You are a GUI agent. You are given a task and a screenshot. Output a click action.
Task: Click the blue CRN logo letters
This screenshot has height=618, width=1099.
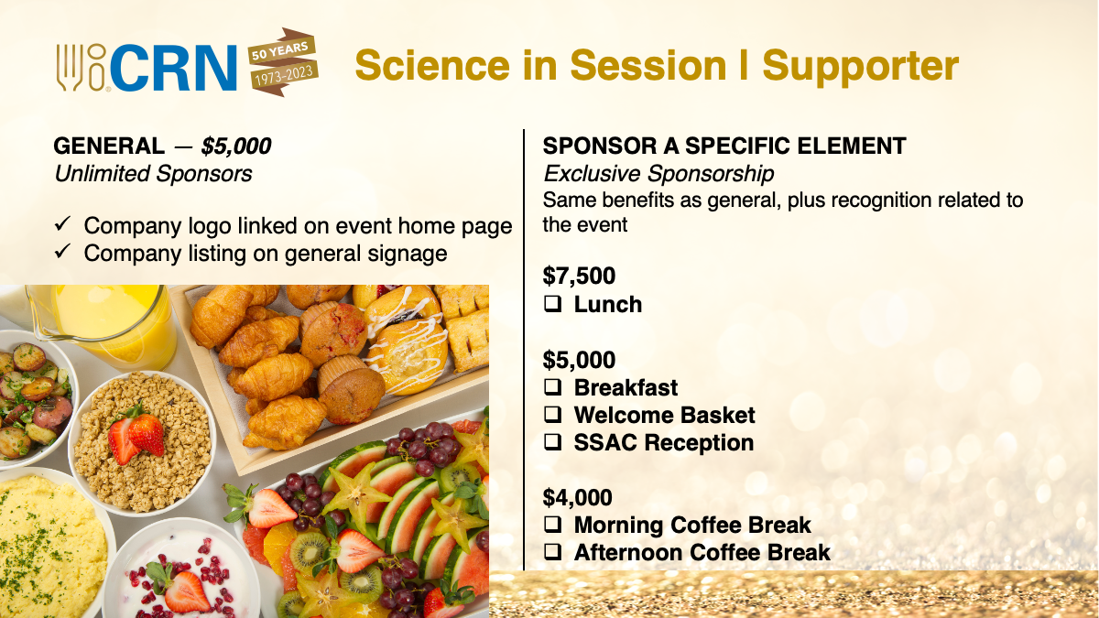click(175, 68)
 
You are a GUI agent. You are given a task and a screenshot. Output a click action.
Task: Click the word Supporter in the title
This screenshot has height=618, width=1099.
click(861, 68)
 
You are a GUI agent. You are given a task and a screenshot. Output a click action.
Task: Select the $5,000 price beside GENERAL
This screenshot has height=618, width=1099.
click(236, 146)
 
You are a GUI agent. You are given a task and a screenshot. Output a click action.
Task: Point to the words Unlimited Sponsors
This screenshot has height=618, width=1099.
click(153, 174)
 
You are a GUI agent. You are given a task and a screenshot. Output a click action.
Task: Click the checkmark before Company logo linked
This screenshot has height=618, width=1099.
click(63, 224)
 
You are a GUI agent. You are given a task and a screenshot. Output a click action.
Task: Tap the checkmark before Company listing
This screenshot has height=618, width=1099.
click(63, 251)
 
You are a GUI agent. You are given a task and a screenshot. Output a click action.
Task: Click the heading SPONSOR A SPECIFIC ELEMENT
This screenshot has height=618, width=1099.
click(724, 146)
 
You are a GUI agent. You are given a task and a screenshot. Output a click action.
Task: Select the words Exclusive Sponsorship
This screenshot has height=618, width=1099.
click(658, 174)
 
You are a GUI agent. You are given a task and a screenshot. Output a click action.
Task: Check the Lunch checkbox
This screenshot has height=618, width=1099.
click(552, 304)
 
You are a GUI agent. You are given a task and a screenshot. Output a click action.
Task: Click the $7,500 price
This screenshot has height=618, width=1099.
click(579, 276)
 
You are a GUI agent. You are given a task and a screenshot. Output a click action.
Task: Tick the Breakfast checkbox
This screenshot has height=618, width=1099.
click(552, 387)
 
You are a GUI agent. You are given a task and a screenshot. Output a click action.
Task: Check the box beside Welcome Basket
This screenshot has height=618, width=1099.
click(552, 415)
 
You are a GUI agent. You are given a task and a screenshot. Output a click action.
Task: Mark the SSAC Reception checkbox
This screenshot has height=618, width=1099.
click(552, 442)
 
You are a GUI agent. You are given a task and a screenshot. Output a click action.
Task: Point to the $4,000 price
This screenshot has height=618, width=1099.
click(578, 497)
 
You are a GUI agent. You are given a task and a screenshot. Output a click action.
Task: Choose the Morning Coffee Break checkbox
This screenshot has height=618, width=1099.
click(552, 525)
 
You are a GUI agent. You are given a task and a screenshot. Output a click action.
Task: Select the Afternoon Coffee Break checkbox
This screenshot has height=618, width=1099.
click(552, 552)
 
